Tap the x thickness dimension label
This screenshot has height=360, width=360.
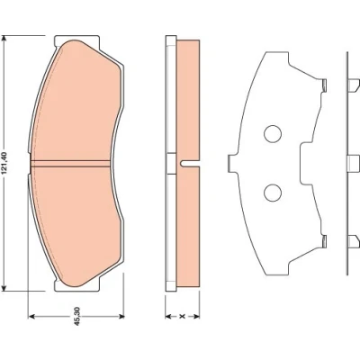[183, 316]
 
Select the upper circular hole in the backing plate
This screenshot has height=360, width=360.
[273, 133]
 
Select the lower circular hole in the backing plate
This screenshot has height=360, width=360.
[273, 193]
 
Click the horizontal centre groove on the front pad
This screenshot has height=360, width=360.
[70, 163]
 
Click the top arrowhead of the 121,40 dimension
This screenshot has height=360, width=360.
[4, 39]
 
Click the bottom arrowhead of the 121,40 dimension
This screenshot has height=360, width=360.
[4, 287]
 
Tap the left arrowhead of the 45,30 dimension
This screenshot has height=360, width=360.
[31, 316]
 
